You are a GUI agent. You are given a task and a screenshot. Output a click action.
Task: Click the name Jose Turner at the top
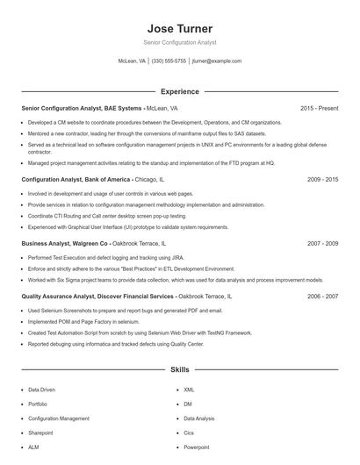point(179,28)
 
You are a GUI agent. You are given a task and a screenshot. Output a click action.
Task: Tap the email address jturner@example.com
point(216,61)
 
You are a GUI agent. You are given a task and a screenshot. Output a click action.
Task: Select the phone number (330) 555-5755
point(169,61)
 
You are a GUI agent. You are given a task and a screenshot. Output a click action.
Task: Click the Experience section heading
point(179,91)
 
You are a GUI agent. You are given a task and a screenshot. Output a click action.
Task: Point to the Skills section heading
point(179,370)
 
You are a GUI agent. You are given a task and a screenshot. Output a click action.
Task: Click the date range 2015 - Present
point(319,108)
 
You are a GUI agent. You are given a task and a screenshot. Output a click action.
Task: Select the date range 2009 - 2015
point(322,179)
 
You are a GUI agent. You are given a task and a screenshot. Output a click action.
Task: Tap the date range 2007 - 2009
point(322,242)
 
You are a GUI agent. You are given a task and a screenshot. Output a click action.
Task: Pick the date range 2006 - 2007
point(322,297)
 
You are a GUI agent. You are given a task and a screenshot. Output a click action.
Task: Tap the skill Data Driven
point(41,389)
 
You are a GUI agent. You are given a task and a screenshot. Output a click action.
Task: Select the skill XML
point(189,389)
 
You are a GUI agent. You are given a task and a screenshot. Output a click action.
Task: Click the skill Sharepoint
point(40,433)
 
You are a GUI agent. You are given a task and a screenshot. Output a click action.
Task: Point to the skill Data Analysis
point(199,418)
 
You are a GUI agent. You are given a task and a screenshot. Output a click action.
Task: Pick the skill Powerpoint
point(197,447)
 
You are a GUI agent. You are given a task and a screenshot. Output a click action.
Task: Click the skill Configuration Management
point(59,418)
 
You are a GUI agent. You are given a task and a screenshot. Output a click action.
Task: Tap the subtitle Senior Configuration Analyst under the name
point(179,42)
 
